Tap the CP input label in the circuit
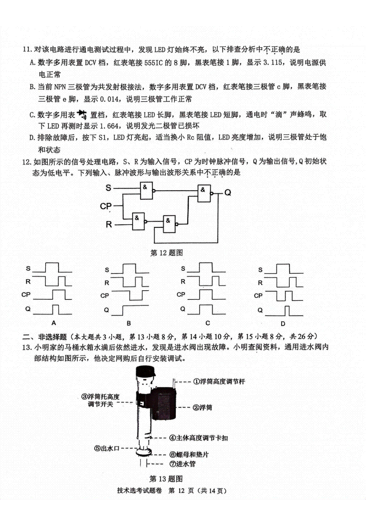pyautogui.click(x=106, y=206)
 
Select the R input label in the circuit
pyautogui.click(x=109, y=224)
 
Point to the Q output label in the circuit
pyautogui.click(x=228, y=192)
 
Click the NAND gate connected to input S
pyautogui.click(x=146, y=191)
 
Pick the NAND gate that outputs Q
pyautogui.click(x=204, y=193)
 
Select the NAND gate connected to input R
pyautogui.click(x=138, y=221)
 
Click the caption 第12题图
pyautogui.click(x=167, y=253)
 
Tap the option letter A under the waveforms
pyautogui.click(x=54, y=323)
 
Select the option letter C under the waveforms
pyautogui.click(x=208, y=323)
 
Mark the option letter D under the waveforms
pyautogui.click(x=283, y=324)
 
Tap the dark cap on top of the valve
pyautogui.click(x=145, y=371)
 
